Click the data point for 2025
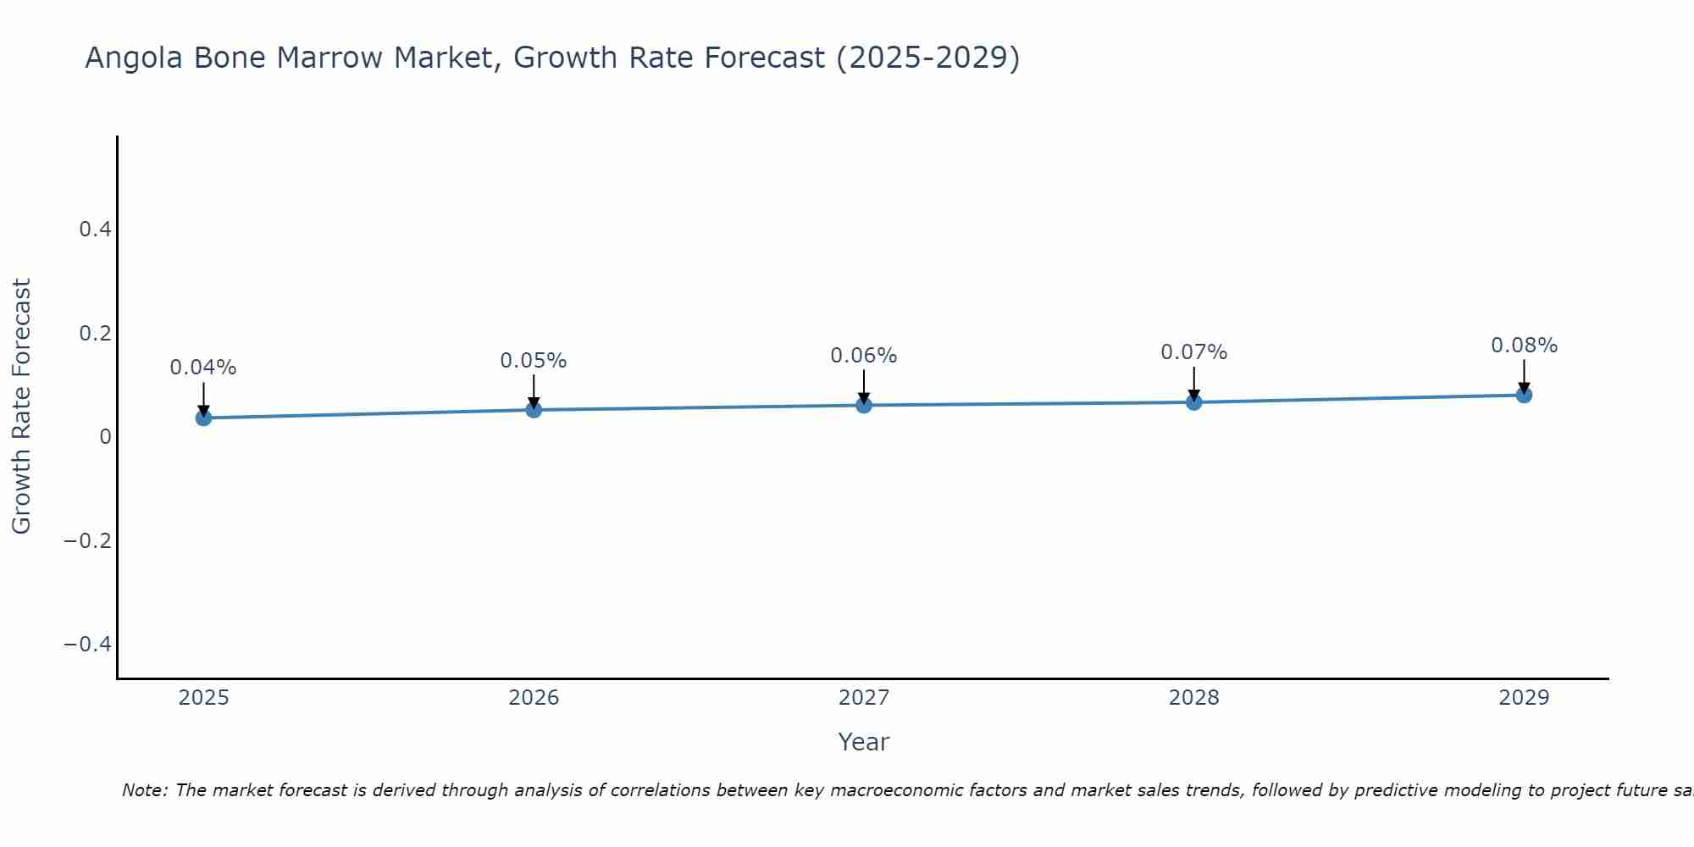(x=203, y=418)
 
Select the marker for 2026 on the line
(x=534, y=410)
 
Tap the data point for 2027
(x=864, y=405)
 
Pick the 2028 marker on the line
(x=1193, y=402)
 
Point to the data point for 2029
(x=1524, y=395)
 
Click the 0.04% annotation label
(x=203, y=368)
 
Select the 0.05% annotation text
(x=534, y=361)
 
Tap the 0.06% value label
(x=864, y=356)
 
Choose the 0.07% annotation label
(x=1193, y=352)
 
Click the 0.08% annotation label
(x=1524, y=346)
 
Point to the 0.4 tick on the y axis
(x=95, y=230)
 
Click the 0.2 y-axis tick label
(x=95, y=334)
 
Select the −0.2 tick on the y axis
(x=88, y=541)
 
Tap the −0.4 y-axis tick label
(x=88, y=645)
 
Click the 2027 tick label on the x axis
(x=864, y=698)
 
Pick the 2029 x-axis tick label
(x=1524, y=698)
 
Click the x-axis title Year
(x=864, y=743)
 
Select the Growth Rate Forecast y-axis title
(x=21, y=407)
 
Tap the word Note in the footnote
(x=144, y=790)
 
